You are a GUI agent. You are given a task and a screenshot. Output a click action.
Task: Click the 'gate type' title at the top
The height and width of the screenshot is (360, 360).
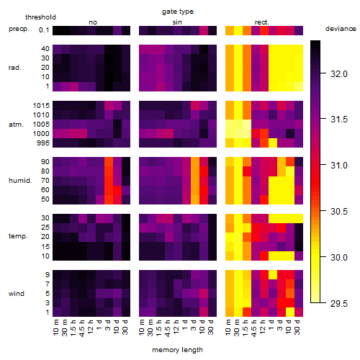(x=178, y=12)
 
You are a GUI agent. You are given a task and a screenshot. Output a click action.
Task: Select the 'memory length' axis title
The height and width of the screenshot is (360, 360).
(x=177, y=350)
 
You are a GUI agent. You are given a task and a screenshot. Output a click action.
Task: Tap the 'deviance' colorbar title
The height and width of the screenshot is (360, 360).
(x=341, y=29)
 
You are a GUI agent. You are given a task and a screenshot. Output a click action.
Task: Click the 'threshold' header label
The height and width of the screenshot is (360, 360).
(x=40, y=17)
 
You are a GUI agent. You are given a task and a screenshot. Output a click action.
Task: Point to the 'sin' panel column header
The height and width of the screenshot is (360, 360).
(x=177, y=22)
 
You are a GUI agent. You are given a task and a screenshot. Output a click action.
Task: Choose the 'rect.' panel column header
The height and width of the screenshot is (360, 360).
(x=261, y=22)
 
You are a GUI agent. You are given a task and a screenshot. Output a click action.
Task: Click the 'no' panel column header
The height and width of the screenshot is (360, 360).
(x=93, y=22)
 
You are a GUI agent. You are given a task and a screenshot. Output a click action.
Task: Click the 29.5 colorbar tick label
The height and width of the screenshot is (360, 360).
(x=339, y=303)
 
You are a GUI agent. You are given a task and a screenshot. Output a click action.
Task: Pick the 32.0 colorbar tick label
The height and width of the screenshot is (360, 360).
(x=339, y=74)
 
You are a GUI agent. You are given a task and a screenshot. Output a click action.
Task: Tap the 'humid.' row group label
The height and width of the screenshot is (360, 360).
(x=20, y=180)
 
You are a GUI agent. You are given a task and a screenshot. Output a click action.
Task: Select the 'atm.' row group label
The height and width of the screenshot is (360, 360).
(x=16, y=125)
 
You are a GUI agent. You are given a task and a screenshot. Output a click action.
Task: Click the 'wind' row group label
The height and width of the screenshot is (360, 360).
(x=17, y=293)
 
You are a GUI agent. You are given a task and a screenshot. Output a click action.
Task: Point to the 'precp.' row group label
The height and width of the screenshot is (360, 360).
(x=19, y=29)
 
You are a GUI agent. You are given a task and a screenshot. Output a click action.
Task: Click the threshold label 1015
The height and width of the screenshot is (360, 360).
(x=41, y=105)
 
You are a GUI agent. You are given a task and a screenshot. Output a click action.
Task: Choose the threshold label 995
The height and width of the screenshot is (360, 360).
(x=43, y=143)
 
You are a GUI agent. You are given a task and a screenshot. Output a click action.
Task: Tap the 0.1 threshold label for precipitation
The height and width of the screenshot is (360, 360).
(x=44, y=30)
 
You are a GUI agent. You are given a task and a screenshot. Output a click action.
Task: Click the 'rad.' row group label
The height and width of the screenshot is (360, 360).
(x=15, y=68)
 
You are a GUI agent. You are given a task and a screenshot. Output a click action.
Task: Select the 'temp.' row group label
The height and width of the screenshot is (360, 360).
(x=18, y=236)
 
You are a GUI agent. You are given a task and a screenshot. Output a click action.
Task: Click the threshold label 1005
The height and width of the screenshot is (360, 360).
(x=41, y=124)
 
